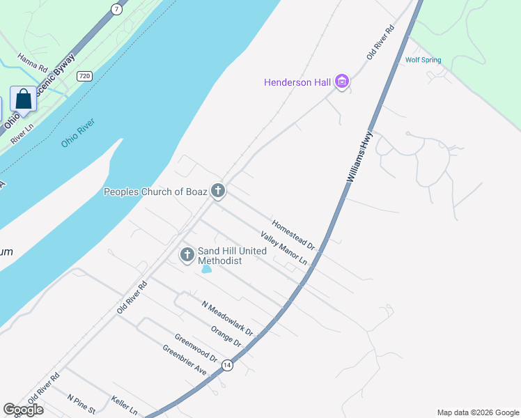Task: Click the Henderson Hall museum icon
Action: (341, 82)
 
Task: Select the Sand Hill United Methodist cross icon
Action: (187, 255)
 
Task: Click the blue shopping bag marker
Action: (24, 100)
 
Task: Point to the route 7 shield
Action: (117, 8)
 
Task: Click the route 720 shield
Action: (84, 75)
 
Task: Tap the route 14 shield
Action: (227, 365)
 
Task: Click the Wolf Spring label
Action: (423, 60)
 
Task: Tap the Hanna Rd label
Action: (32, 63)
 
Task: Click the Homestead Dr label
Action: (293, 235)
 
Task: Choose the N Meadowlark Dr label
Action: (226, 318)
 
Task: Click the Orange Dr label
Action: (226, 337)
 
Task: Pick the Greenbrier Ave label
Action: (185, 360)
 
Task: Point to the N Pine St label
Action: (81, 405)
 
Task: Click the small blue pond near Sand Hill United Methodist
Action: (206, 268)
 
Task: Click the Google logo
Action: (23, 410)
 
